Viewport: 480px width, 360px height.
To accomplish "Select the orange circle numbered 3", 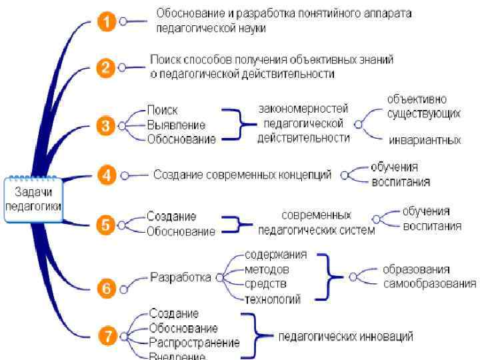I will pos(106,125).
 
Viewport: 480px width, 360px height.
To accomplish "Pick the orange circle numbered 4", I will pos(106,175).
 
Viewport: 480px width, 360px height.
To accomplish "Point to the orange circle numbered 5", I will pos(106,224).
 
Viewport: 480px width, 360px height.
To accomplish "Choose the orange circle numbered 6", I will pos(106,288).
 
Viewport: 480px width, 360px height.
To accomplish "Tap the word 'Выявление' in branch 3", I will pos(176,125).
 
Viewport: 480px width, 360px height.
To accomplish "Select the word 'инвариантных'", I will pos(425,140).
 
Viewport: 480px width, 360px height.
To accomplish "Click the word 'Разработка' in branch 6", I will pos(180,277).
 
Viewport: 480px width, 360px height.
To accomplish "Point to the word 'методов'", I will pos(267,269).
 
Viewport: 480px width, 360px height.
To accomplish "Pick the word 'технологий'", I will pos(273,299).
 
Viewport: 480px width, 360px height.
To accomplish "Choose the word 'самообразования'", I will pos(429,284).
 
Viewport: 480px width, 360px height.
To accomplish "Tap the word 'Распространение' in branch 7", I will pos(194,343).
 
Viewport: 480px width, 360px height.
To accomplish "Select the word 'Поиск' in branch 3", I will pos(162,110).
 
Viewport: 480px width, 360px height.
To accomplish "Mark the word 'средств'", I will pos(264,285).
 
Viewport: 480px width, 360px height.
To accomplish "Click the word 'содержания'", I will pos(275,255).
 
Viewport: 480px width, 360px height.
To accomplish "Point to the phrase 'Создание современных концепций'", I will pos(242,175).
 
